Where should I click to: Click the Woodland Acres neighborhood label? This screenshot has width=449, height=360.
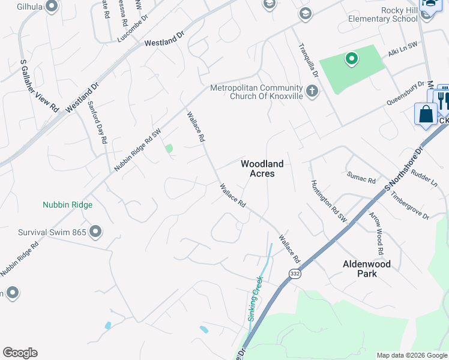(262, 168)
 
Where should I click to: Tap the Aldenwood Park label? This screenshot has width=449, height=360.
(367, 268)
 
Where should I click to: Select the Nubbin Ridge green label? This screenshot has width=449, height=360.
(67, 205)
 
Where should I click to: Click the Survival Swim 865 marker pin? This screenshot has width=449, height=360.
(95, 231)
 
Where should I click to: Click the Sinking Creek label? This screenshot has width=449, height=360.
(256, 299)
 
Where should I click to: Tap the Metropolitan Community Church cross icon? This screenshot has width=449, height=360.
(312, 91)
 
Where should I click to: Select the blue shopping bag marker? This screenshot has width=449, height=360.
(426, 113)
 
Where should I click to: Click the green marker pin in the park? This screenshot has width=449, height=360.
(351, 59)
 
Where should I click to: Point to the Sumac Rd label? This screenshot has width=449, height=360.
(361, 178)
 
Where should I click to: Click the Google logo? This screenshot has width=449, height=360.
(20, 353)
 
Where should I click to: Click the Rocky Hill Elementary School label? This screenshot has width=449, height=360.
(383, 14)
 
